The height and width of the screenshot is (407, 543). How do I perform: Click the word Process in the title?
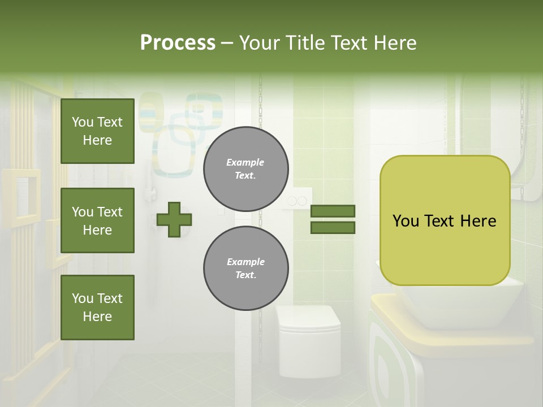pyautogui.click(x=178, y=43)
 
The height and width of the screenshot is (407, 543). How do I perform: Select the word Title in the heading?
pyautogui.click(x=306, y=43)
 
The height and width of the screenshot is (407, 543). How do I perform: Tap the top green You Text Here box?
pyautogui.click(x=97, y=131)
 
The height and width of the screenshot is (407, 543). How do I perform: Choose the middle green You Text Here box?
pyautogui.click(x=97, y=220)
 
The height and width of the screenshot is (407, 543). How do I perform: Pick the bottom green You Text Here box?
pyautogui.click(x=97, y=308)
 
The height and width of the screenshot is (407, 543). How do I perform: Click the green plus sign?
pyautogui.click(x=174, y=219)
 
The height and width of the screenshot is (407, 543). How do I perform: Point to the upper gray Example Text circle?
pyautogui.click(x=245, y=169)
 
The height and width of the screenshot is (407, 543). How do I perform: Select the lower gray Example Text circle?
pyautogui.click(x=245, y=269)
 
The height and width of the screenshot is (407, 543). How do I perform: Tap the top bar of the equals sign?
pyautogui.click(x=333, y=211)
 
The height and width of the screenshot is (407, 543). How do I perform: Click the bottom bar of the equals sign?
pyautogui.click(x=333, y=228)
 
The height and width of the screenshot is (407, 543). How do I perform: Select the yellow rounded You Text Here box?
pyautogui.click(x=445, y=220)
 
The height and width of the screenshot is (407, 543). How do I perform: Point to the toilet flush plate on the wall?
pyautogui.click(x=298, y=200)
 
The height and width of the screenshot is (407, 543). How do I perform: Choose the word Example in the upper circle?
pyautogui.click(x=245, y=162)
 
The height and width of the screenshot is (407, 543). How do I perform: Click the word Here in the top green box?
pyautogui.click(x=97, y=140)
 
